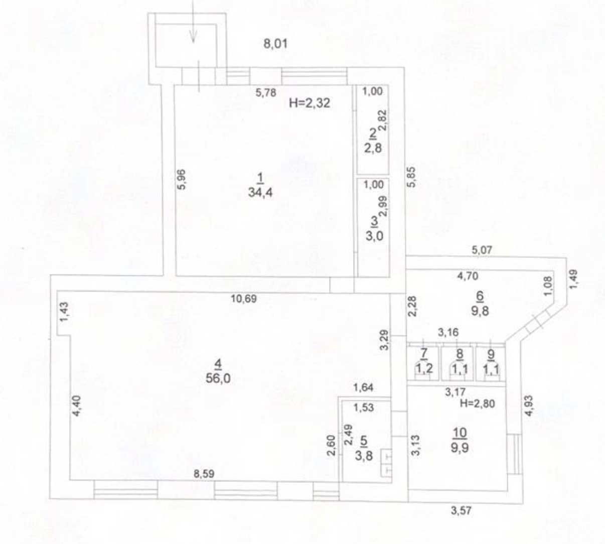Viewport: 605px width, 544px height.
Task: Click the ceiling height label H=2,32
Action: [x=310, y=103]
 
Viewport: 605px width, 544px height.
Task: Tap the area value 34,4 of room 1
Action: [x=260, y=192]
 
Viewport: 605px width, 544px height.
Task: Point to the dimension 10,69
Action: [x=244, y=299]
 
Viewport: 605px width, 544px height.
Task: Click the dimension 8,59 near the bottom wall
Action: [x=204, y=474]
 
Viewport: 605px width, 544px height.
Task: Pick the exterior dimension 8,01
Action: [x=275, y=44]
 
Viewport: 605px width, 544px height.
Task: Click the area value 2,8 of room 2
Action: [x=373, y=148]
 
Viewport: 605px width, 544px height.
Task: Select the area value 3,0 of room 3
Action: [x=374, y=236]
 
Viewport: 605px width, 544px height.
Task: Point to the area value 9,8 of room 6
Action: [x=480, y=311]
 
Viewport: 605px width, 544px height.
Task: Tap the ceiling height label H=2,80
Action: [x=478, y=403]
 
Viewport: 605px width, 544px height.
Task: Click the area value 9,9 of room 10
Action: [x=460, y=448]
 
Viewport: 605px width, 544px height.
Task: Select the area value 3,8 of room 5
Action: [x=364, y=456]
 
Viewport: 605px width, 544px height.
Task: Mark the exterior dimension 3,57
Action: [x=461, y=511]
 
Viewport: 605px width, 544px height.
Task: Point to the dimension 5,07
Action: [x=482, y=250]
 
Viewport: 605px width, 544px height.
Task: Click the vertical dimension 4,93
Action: [x=529, y=406]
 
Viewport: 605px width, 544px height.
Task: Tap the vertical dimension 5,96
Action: [x=182, y=179]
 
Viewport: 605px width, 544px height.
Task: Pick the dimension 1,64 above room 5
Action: [x=363, y=387]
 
